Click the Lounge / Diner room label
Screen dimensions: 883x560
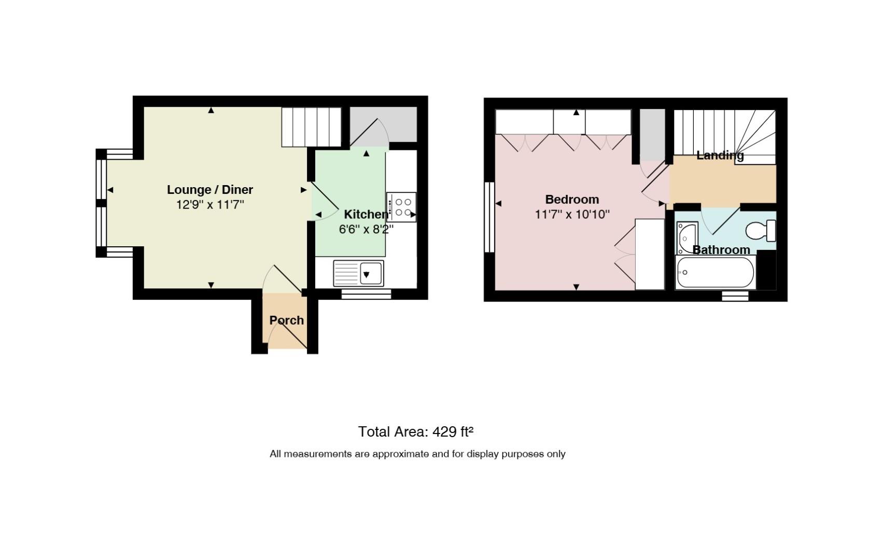pos(209,190)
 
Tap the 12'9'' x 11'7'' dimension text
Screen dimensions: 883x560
pos(210,205)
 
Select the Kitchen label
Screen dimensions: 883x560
pos(366,214)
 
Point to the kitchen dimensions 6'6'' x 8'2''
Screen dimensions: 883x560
pos(366,229)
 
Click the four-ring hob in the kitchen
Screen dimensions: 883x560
pos(401,207)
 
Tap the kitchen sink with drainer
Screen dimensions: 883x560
pos(358,273)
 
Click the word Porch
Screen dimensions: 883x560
pos(287,320)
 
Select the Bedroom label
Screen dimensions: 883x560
pos(572,200)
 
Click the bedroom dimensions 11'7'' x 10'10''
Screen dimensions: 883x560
pos(572,214)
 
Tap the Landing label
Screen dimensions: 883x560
pos(720,156)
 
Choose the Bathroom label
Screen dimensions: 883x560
pos(721,250)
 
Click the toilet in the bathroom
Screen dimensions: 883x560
pos(761,231)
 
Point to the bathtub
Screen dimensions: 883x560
pos(716,273)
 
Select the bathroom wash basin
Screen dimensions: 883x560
pos(687,237)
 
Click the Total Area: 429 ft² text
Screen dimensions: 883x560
pos(415,432)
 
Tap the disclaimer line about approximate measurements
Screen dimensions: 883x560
pos(417,454)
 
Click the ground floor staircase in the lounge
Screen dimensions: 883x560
pos(312,127)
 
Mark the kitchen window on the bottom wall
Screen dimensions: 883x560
pos(366,294)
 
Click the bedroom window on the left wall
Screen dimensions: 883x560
pos(489,217)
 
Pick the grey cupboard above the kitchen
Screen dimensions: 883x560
pos(384,124)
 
